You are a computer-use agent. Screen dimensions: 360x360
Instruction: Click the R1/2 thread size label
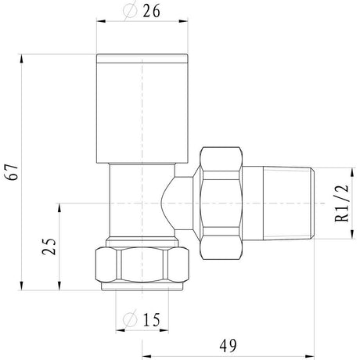pyautogui.click(x=343, y=204)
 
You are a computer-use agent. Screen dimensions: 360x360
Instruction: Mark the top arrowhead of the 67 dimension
pyautogui.click(x=23, y=57)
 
